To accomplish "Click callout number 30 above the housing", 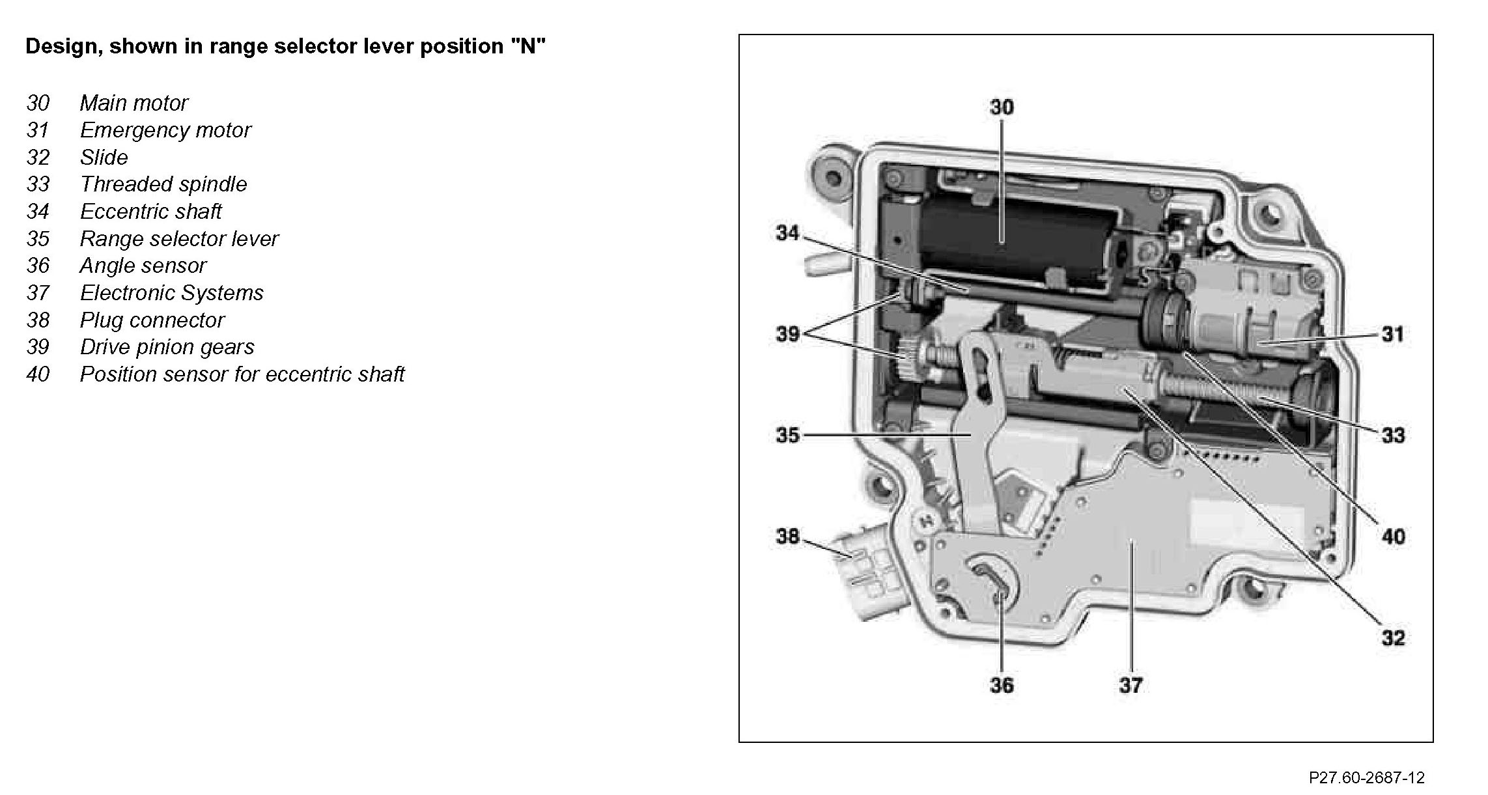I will click(1002, 107).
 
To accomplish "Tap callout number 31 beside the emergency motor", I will click(1392, 335).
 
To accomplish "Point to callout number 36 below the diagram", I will click(1002, 684).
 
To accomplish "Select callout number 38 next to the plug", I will click(787, 537).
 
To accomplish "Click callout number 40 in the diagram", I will click(1392, 537).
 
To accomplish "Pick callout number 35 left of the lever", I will click(787, 435).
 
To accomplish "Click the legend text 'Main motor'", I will click(133, 103).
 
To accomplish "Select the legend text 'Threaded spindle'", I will click(163, 184).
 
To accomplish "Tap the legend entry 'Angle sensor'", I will click(143, 266).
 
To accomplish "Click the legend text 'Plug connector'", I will click(152, 320).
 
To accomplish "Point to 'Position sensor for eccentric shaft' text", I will click(242, 374).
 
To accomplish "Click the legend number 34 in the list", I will click(38, 212).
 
